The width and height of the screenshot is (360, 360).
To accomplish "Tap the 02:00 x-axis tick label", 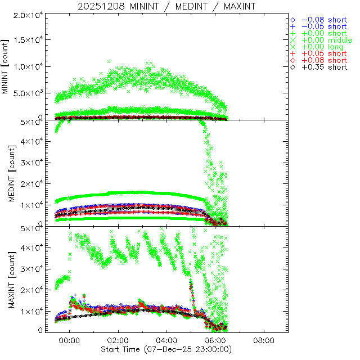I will (118, 341).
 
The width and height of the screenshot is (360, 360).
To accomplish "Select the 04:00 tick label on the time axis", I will (167, 341).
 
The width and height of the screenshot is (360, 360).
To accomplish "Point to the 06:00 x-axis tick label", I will (215, 341).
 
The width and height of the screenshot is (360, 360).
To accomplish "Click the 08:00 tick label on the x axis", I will (264, 341).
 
